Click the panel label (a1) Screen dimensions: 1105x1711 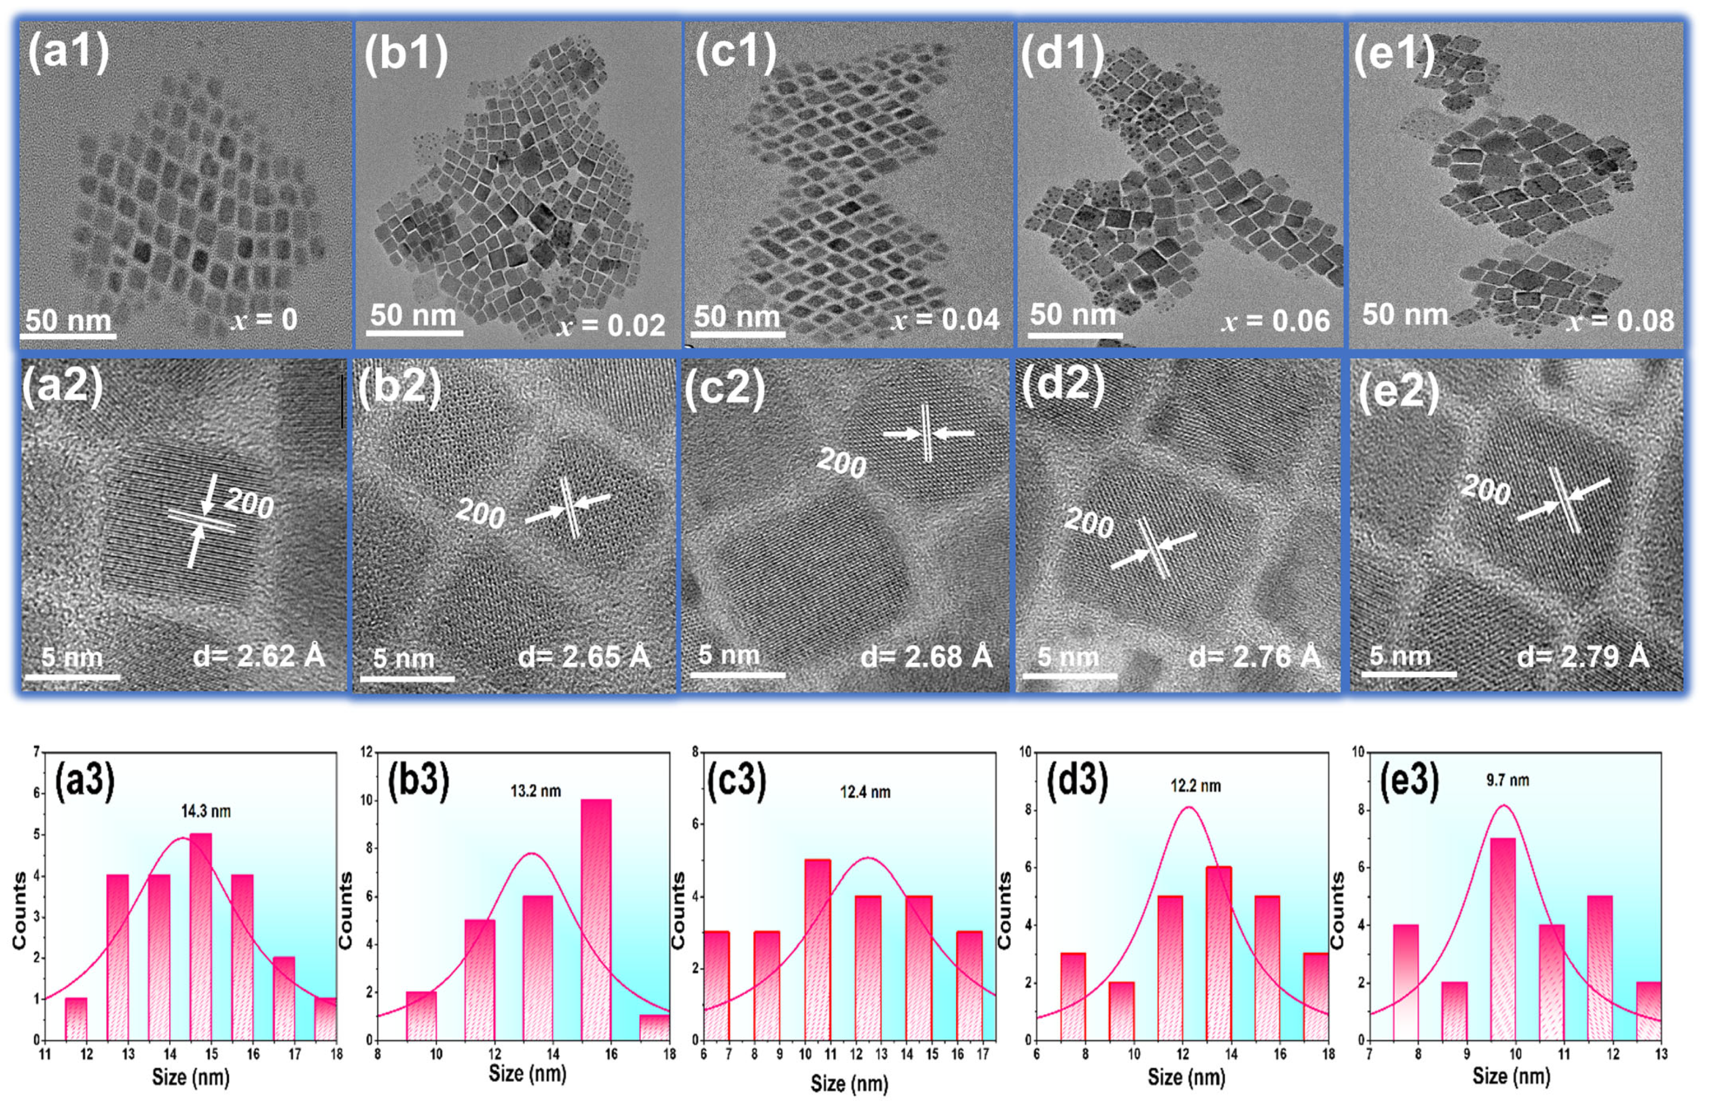click(x=68, y=52)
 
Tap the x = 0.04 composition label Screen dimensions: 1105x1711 click(x=944, y=320)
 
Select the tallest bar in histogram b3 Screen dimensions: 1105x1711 click(x=596, y=919)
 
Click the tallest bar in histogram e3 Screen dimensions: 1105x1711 click(x=1503, y=939)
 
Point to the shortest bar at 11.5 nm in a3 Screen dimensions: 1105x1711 click(x=76, y=1019)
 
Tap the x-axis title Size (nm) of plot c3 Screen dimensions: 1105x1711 click(x=849, y=1083)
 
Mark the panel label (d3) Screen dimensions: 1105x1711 click(x=1076, y=780)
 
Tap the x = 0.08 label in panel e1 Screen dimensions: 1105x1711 click(x=1620, y=321)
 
